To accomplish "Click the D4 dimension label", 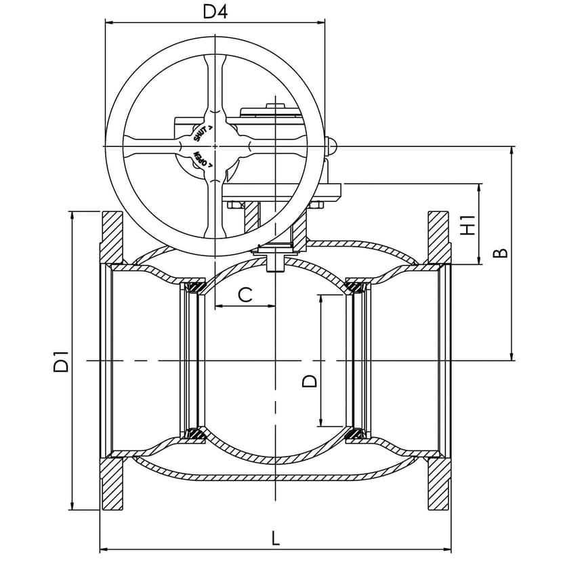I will click(x=215, y=12).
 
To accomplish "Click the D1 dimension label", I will click(x=62, y=360).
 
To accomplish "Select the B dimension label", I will click(x=500, y=253).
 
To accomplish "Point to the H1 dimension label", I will click(x=467, y=224).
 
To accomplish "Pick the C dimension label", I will click(x=245, y=294).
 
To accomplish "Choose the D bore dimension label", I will click(x=308, y=381).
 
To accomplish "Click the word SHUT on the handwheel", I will click(x=203, y=133).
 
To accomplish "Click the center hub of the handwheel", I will click(x=215, y=146).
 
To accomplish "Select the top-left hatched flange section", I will click(x=112, y=237).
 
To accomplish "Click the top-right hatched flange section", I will click(x=438, y=237).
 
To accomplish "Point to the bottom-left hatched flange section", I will click(x=112, y=484).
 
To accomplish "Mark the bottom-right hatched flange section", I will click(x=438, y=484).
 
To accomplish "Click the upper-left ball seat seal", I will click(x=197, y=287).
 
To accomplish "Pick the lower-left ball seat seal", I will click(x=197, y=434).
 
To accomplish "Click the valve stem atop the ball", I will click(x=274, y=262).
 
